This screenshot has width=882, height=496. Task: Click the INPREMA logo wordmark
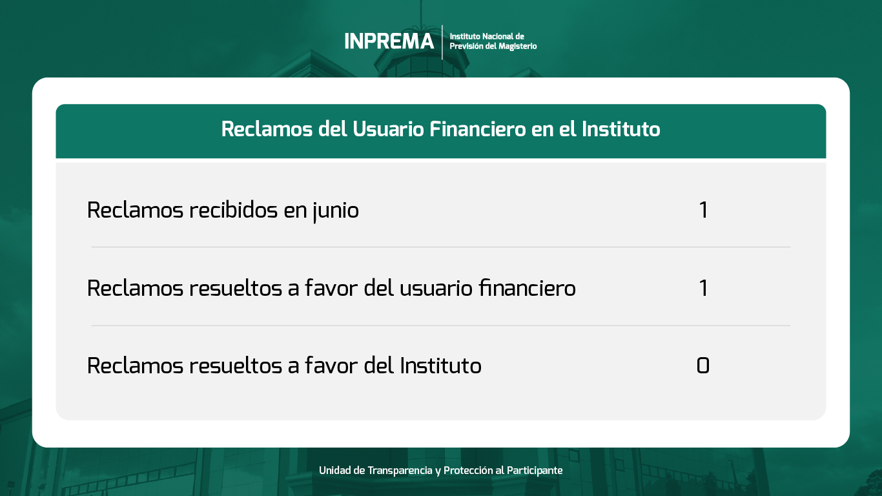389,41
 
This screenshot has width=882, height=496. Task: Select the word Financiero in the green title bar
478,129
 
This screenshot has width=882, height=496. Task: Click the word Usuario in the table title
388,129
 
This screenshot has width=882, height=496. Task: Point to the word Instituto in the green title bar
621,129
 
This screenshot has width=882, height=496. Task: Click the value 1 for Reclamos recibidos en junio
703,210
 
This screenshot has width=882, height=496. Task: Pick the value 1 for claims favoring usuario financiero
703,288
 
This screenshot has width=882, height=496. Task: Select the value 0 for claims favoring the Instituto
703,366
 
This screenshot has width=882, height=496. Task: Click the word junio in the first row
336,211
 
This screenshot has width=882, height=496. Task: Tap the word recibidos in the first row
234,210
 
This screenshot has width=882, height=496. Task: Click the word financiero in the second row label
528,287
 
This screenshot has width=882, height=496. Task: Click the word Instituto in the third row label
441,365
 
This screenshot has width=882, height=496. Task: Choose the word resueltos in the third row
236,365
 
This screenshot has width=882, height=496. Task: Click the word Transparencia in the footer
400,470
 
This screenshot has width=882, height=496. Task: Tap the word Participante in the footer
535,471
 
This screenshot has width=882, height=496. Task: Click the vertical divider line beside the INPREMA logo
442,42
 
